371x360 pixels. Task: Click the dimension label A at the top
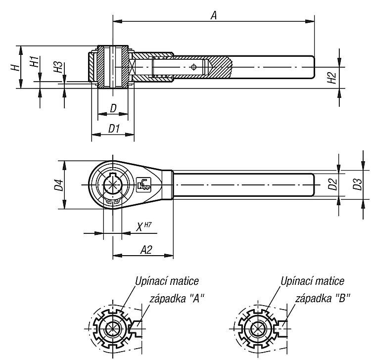point(214,16)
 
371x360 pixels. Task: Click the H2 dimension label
point(332,78)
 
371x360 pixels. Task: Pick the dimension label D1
point(114,129)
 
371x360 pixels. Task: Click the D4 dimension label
point(59,185)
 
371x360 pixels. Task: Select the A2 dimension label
point(146,250)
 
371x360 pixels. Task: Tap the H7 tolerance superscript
point(147,225)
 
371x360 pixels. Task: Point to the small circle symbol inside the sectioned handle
point(193,67)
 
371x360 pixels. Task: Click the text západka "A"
point(177,299)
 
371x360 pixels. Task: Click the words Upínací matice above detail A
point(167,281)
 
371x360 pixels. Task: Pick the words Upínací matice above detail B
point(312,281)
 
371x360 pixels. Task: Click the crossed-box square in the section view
point(132,67)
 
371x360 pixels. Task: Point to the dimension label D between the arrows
point(114,108)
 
